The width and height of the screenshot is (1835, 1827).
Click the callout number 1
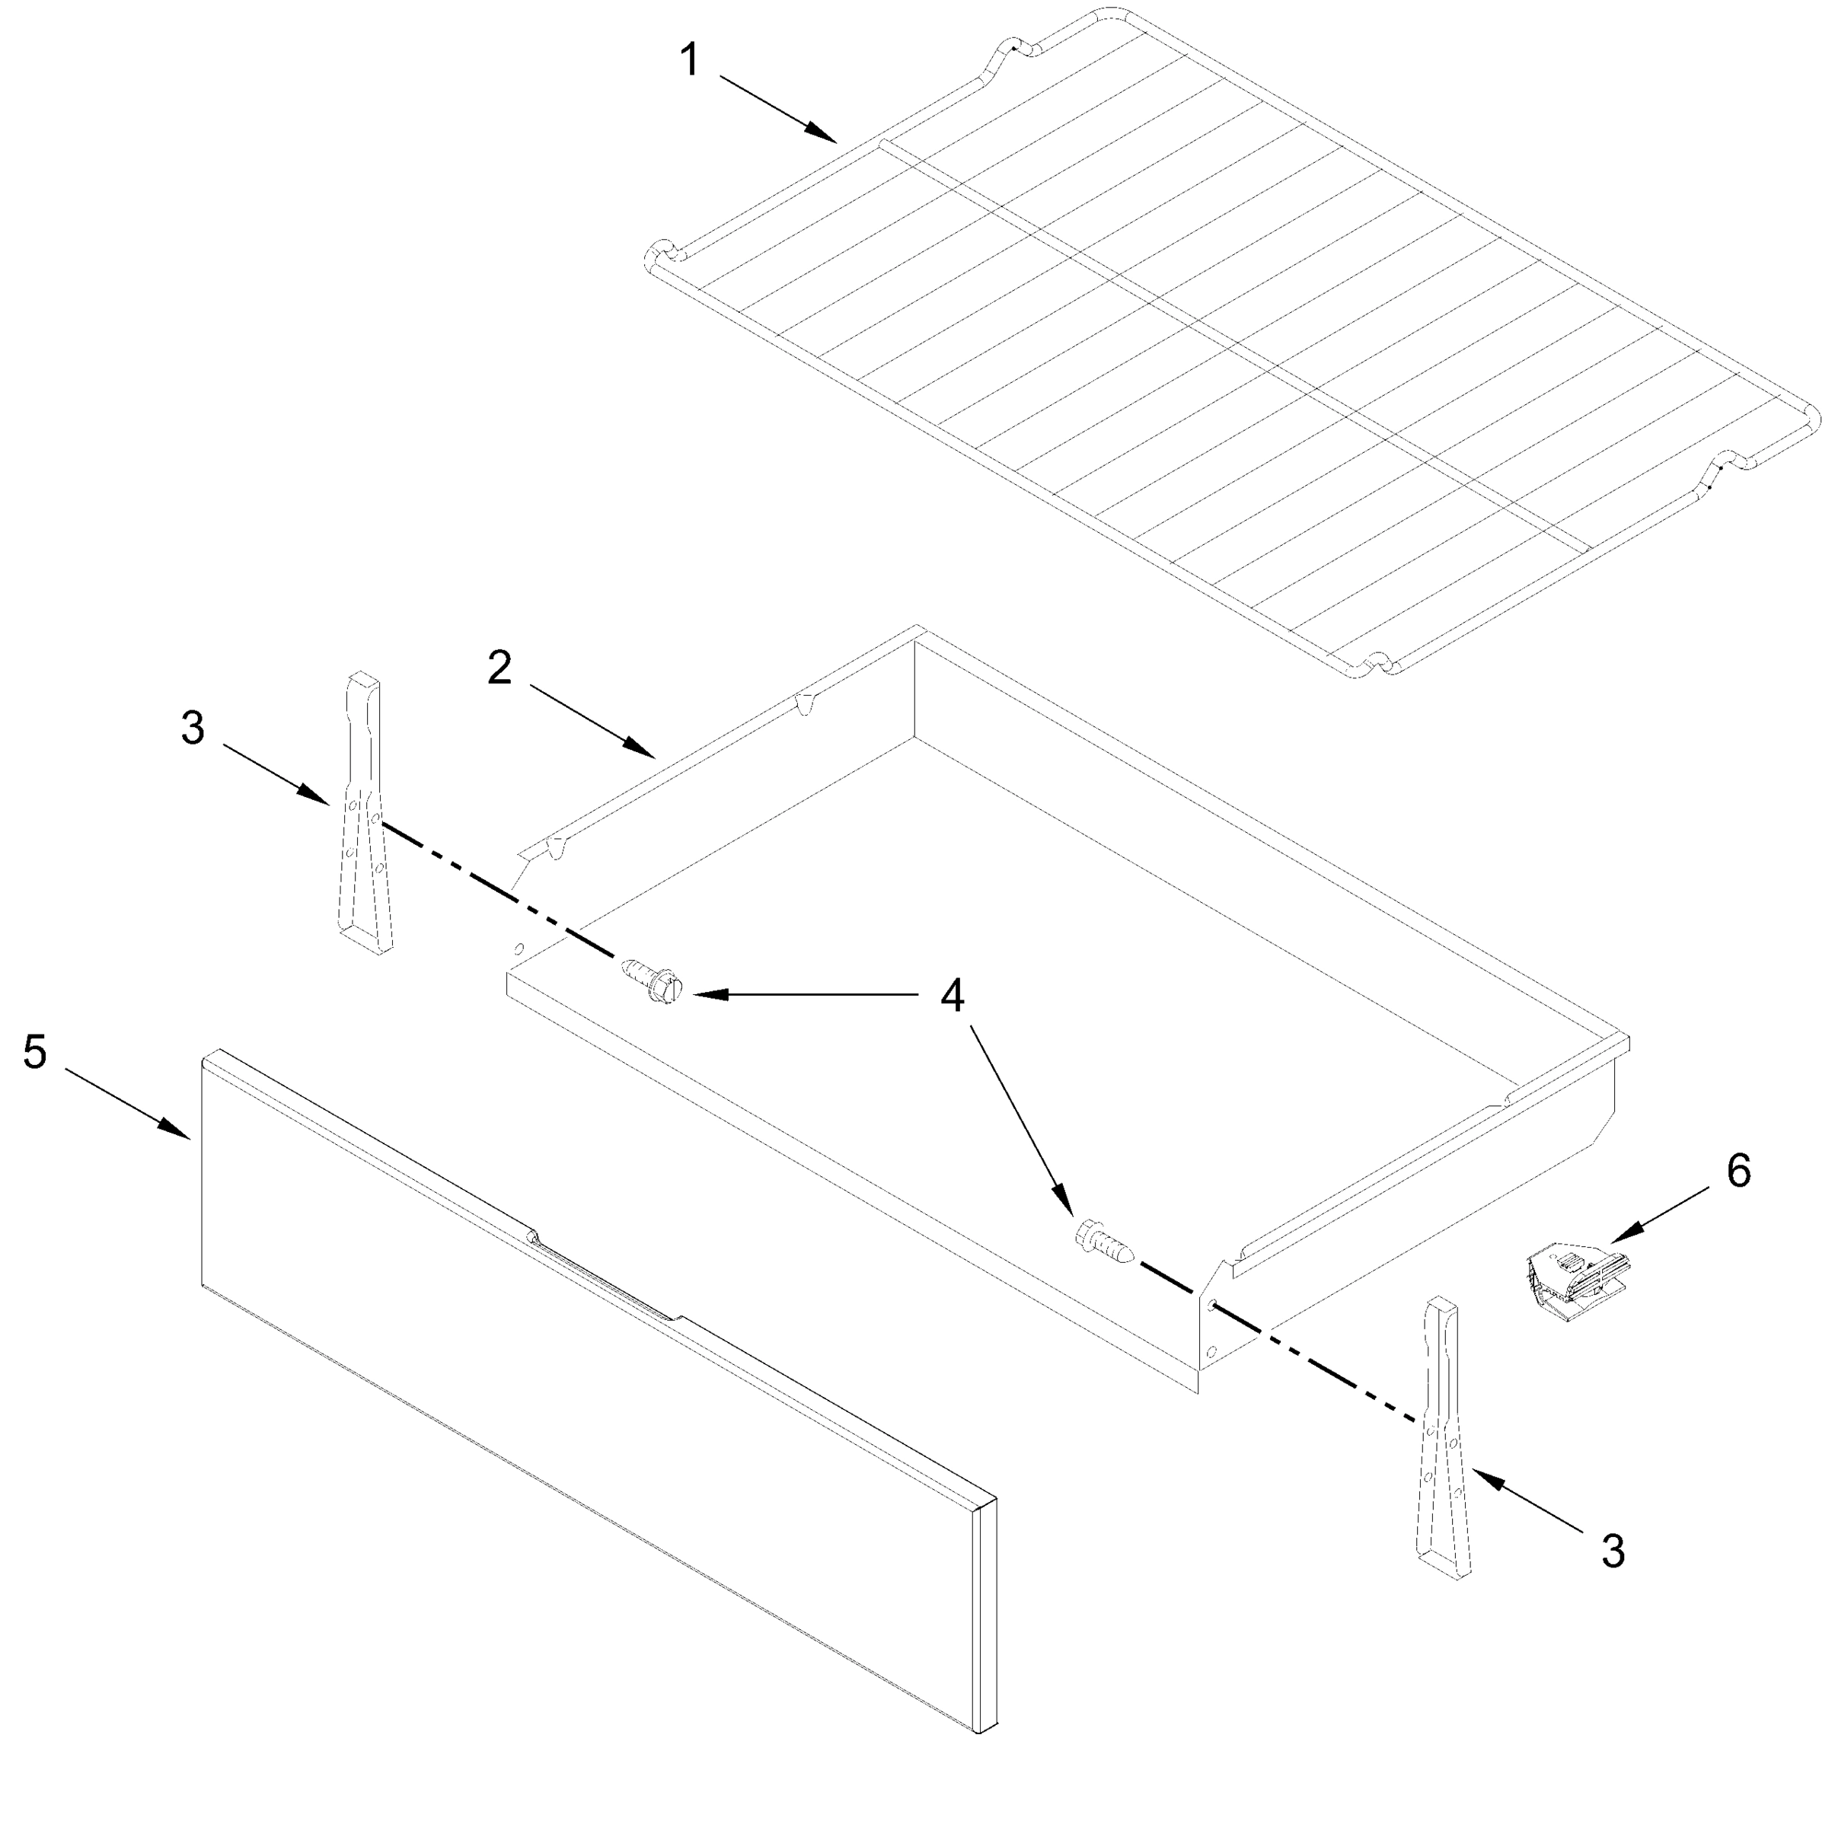[691, 62]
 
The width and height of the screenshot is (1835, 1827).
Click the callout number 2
[499, 668]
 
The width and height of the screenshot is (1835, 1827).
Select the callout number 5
[35, 1052]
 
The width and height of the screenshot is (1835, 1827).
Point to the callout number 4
[953, 996]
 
